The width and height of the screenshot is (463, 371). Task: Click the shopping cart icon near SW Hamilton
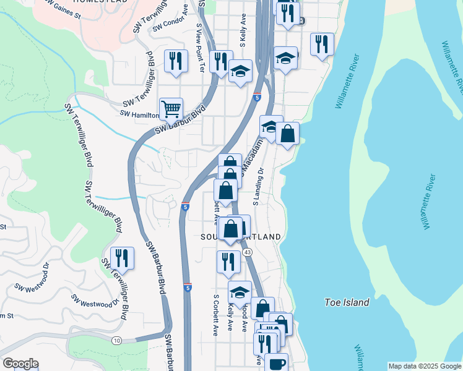171,109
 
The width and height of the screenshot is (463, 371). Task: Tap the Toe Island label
347,302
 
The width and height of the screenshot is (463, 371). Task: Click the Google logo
20,364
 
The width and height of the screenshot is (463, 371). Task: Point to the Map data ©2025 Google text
424,366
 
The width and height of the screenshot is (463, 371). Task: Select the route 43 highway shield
248,252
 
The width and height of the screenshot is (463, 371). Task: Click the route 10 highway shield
116,340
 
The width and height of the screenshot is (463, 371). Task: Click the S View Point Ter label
200,48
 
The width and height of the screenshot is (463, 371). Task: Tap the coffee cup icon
276,364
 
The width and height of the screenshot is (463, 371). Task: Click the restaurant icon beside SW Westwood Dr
122,258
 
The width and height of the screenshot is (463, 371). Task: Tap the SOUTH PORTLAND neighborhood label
241,237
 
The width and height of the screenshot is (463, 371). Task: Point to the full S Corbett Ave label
216,314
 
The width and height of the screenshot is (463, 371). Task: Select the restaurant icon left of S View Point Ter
176,61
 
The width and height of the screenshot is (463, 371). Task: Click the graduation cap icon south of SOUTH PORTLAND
240,292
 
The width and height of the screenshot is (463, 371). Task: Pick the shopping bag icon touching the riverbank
287,134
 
